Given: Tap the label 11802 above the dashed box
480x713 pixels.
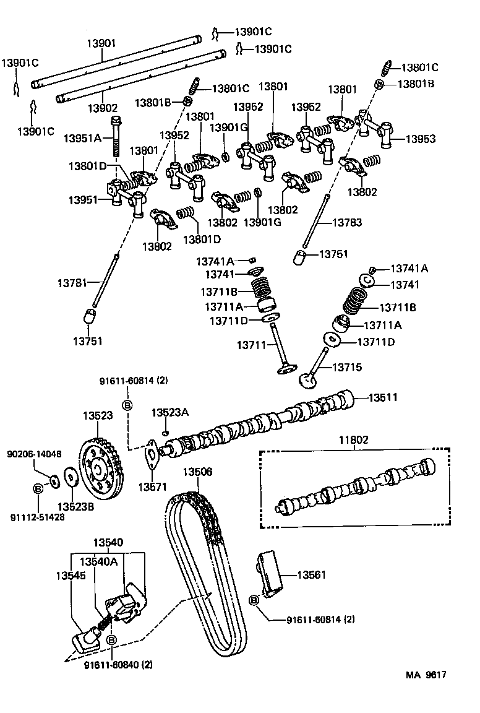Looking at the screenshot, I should tap(353, 440).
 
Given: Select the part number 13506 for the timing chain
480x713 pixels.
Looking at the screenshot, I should tap(197, 472).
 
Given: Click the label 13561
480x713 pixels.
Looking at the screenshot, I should tap(312, 575).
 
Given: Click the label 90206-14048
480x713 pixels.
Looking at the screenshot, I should tap(34, 454).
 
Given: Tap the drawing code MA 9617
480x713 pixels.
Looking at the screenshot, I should tap(426, 675).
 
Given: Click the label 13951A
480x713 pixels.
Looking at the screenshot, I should tap(82, 138).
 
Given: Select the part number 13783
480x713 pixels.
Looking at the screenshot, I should tap(348, 222).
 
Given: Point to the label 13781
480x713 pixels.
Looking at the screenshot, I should tap(73, 282).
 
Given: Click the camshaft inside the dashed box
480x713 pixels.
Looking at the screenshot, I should tap(354, 489).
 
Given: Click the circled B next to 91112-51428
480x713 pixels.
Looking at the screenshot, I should tap(37, 489).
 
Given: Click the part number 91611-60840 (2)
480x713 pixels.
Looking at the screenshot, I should tap(118, 665).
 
